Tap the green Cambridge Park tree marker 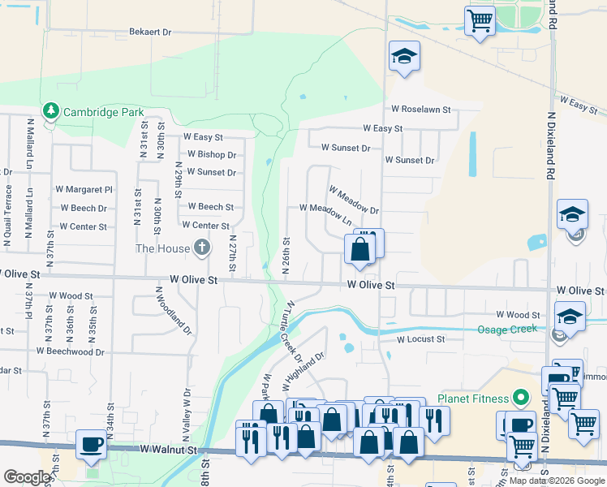click(50, 110)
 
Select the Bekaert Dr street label click(150, 32)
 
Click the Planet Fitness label click(473, 399)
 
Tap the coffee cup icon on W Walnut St click(90, 443)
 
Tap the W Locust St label click(420, 339)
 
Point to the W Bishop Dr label click(212, 154)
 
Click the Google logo click(27, 477)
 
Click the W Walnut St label click(168, 449)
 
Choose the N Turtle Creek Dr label click(292, 330)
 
